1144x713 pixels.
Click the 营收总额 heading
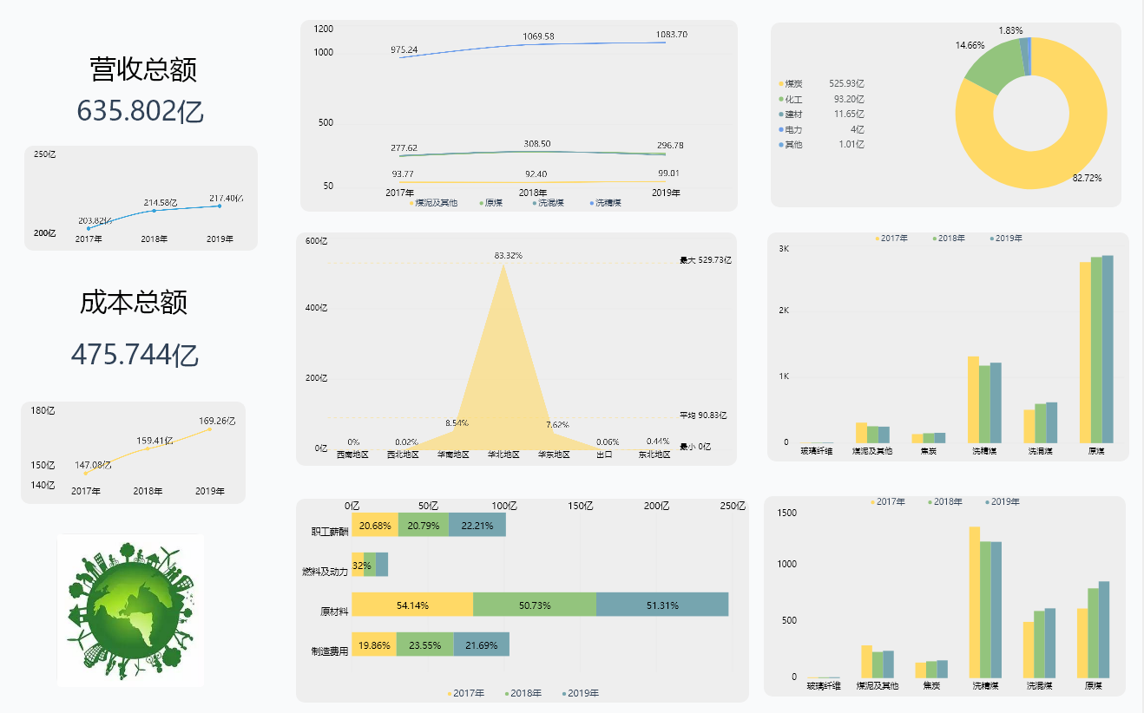tap(143, 69)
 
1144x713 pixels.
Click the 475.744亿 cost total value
tap(135, 355)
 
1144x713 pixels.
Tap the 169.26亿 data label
tap(217, 422)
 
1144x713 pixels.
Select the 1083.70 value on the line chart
tap(671, 35)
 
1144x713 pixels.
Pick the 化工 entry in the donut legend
tap(793, 99)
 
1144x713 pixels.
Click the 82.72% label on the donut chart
tap(1087, 178)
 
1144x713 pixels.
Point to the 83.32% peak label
tap(508, 256)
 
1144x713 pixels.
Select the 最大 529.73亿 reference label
tap(705, 260)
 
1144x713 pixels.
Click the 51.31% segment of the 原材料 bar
tap(662, 605)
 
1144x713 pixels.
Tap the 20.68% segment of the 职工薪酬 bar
tap(375, 526)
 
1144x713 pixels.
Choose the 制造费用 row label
tap(330, 651)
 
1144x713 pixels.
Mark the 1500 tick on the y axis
tap(786, 513)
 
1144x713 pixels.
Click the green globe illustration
tap(130, 610)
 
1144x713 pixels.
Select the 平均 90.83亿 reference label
tap(702, 415)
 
